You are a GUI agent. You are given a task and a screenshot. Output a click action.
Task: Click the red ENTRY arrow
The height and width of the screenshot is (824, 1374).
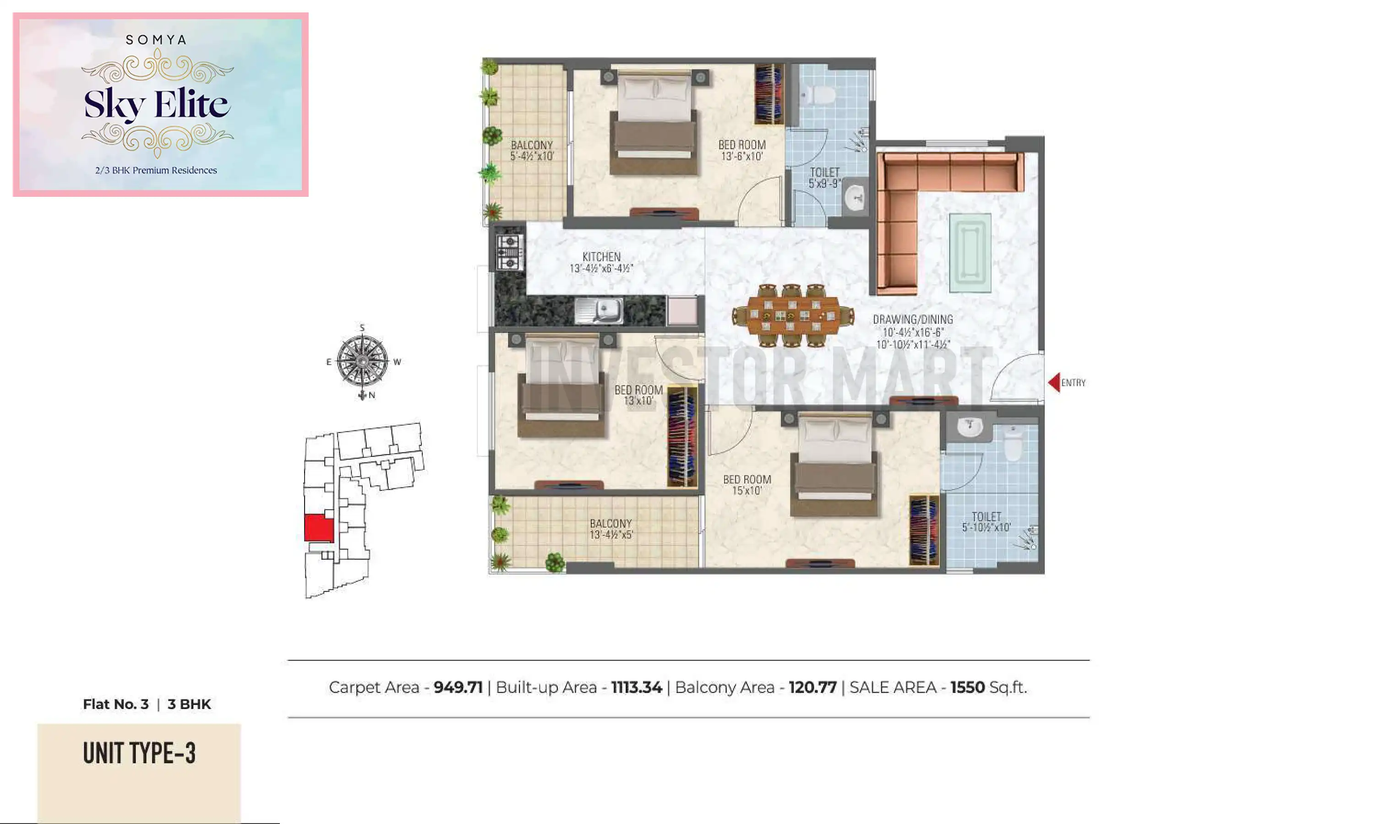pyautogui.click(x=1053, y=383)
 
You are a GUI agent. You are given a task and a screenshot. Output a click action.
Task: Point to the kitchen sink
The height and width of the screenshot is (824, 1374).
pyautogui.click(x=599, y=310)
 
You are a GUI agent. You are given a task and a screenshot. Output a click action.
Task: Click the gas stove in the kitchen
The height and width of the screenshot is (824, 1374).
pyautogui.click(x=509, y=253)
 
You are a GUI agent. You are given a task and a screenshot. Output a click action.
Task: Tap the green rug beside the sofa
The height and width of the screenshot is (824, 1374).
pyautogui.click(x=970, y=253)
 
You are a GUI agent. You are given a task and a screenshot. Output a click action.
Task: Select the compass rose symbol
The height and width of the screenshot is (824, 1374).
pyautogui.click(x=363, y=361)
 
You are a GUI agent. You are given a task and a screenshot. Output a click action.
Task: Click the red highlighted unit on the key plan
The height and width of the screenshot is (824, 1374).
pyautogui.click(x=319, y=527)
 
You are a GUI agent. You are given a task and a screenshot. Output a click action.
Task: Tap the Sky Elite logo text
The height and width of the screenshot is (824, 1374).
pyautogui.click(x=157, y=104)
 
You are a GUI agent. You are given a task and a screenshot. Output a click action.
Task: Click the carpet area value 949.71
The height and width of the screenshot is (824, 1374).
pyautogui.click(x=458, y=688)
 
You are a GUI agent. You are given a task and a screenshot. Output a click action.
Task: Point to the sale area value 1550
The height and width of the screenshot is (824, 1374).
pyautogui.click(x=967, y=688)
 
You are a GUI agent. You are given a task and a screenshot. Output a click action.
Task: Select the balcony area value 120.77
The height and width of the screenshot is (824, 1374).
pyautogui.click(x=812, y=688)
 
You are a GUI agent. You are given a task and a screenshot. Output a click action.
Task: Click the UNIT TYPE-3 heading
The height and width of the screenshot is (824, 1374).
pyautogui.click(x=139, y=754)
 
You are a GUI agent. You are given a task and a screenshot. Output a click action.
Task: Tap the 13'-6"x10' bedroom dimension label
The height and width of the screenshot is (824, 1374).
pyautogui.click(x=742, y=157)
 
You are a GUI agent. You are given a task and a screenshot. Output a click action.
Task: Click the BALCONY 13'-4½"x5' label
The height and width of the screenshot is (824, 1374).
pyautogui.click(x=611, y=529)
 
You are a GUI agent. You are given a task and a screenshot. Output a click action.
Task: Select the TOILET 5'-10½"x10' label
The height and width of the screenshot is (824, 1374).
pyautogui.click(x=986, y=522)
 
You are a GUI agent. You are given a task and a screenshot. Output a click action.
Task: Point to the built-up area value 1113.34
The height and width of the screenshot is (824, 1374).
pyautogui.click(x=637, y=688)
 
